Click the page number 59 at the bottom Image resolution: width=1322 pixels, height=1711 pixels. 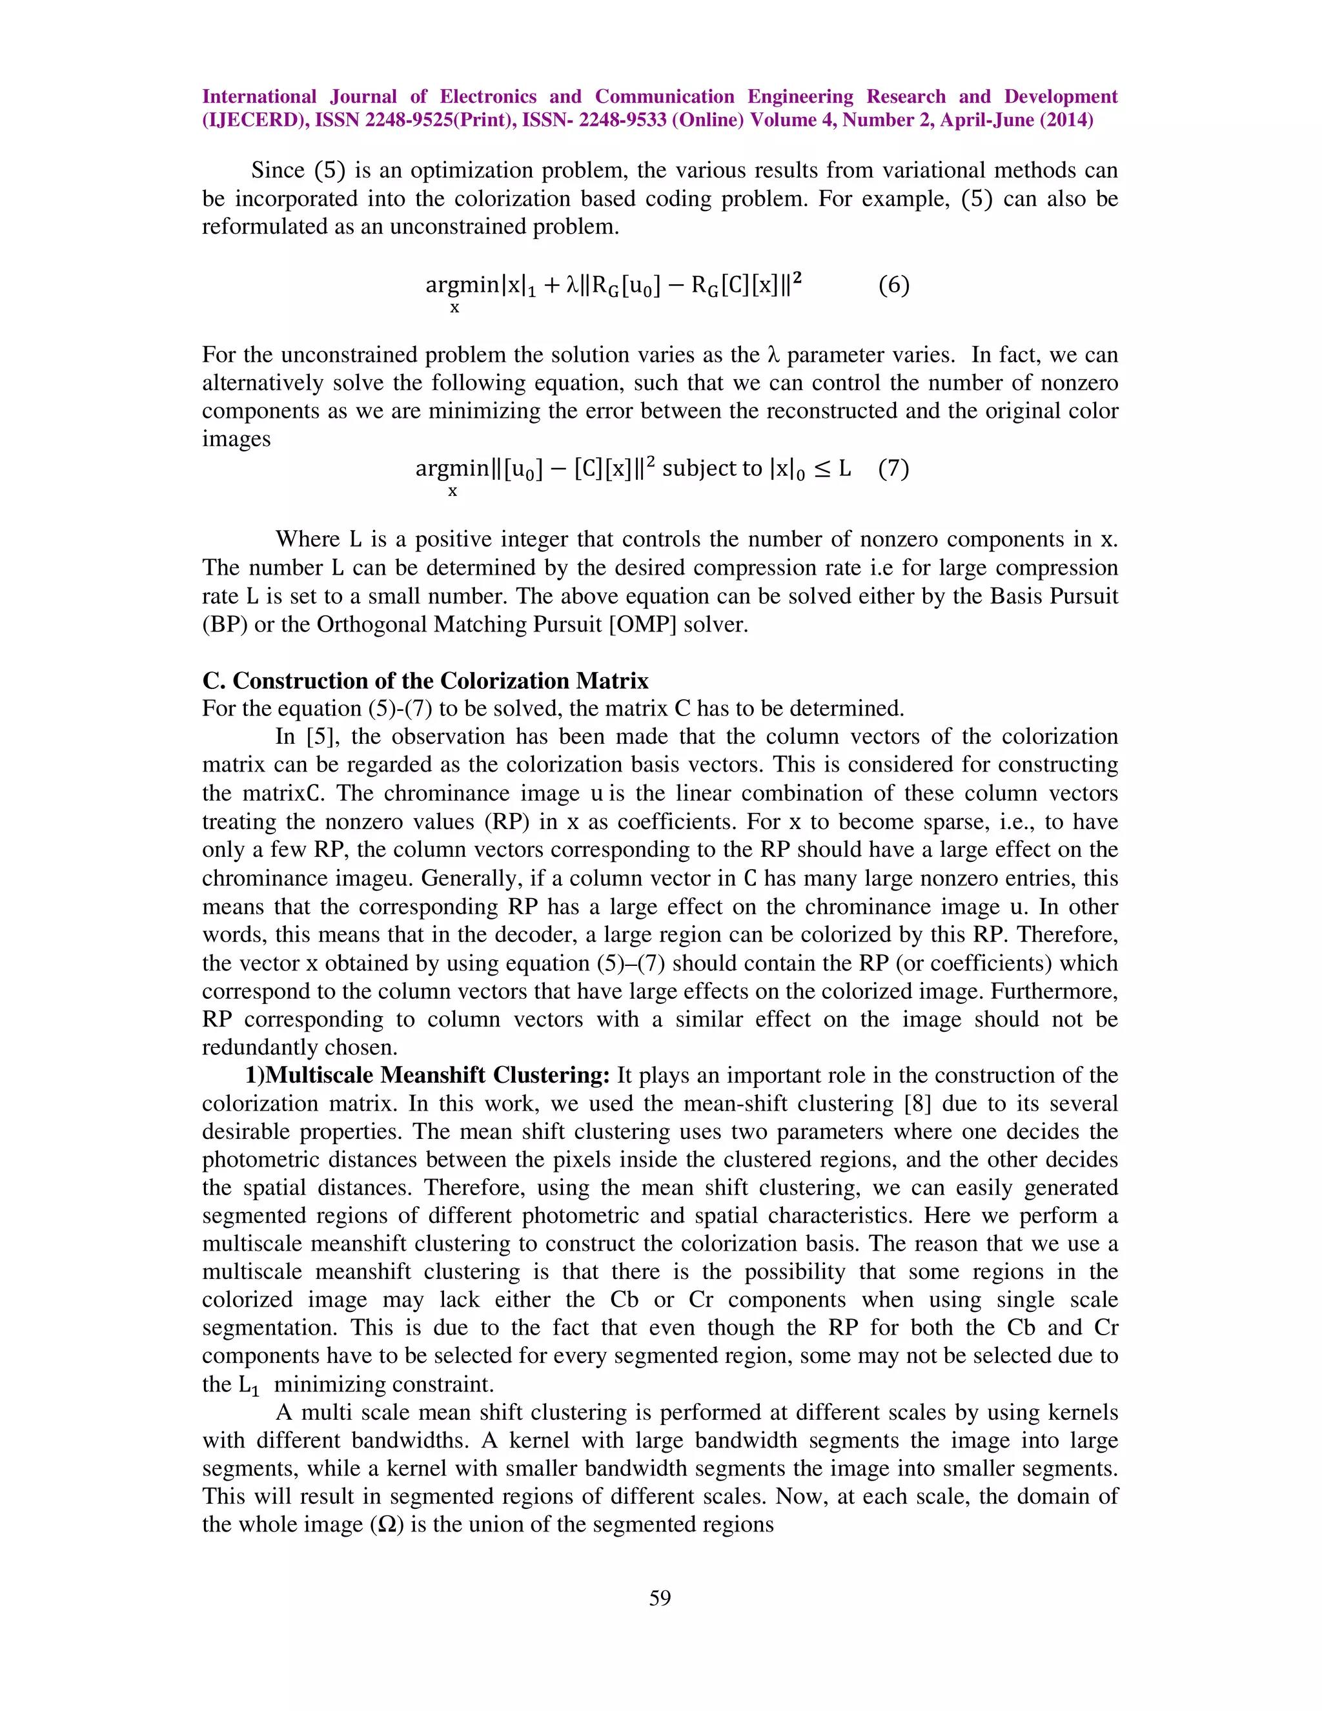click(660, 1597)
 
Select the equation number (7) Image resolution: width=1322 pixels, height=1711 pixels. click(893, 469)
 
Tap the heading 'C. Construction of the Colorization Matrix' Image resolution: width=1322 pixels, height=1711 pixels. click(425, 680)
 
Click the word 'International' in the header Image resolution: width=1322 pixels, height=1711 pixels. click(259, 96)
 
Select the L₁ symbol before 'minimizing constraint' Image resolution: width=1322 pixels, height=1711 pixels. click(249, 1385)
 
